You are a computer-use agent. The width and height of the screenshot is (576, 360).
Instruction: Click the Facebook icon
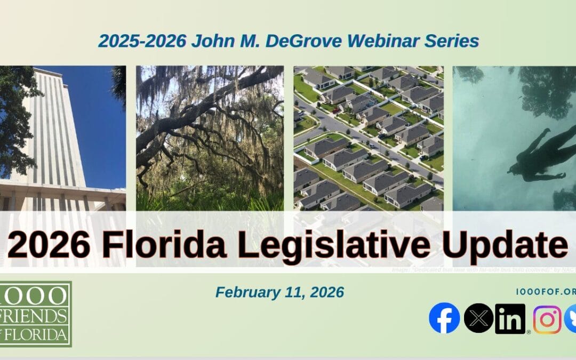444,318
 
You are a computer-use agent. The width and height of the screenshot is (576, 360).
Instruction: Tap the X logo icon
478,318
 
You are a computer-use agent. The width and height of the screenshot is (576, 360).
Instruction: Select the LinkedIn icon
510,319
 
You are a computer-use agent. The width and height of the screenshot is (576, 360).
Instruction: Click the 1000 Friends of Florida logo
36,314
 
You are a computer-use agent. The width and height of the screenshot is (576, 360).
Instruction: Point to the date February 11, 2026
279,292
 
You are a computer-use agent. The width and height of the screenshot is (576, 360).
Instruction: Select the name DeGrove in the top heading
297,41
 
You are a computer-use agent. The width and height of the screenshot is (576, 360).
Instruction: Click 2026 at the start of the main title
49,245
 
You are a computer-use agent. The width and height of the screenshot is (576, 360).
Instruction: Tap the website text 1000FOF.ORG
546,292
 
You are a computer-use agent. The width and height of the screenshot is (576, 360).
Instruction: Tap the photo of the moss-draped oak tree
210,139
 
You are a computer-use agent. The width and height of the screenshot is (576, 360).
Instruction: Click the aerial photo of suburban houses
368,139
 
